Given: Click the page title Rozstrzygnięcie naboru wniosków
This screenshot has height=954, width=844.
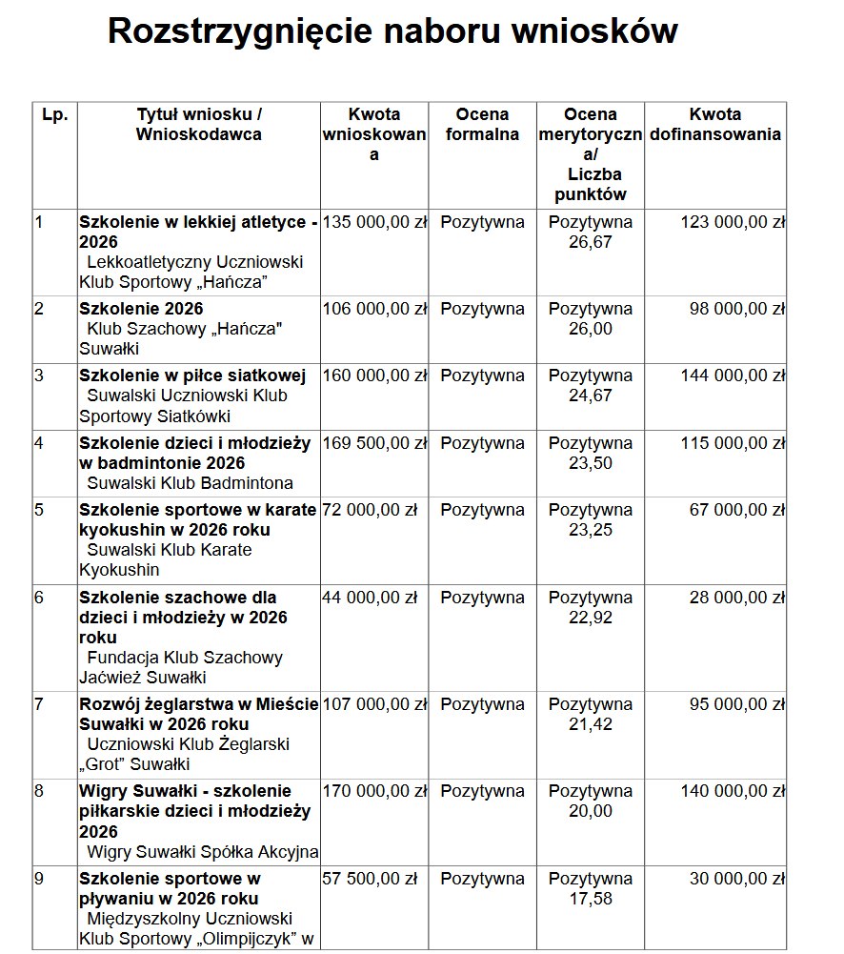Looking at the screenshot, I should tap(392, 30).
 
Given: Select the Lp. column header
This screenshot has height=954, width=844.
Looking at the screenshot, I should tap(55, 115).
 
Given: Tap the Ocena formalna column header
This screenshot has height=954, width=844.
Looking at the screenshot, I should tap(482, 125).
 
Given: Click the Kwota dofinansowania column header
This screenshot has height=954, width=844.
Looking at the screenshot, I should tap(715, 125).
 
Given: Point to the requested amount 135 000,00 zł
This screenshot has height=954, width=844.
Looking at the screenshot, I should tap(374, 223).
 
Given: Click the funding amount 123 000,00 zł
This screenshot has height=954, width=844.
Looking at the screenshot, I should tap(732, 223).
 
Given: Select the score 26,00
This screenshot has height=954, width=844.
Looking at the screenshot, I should tap(591, 329).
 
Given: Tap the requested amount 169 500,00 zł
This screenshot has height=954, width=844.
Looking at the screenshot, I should tap(374, 443).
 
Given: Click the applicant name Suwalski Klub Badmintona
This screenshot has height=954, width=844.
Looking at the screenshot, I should tap(190, 483).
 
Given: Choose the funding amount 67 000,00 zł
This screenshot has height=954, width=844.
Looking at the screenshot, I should tap(736, 510).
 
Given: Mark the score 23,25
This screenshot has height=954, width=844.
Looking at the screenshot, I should tap(591, 530).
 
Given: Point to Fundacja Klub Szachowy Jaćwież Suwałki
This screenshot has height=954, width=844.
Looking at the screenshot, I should tap(181, 667).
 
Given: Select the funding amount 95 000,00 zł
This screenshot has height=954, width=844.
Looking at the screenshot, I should tap(736, 704).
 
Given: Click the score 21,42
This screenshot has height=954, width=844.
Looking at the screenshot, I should tap(591, 724).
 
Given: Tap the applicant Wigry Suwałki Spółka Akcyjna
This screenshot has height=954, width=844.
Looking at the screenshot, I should tap(202, 852).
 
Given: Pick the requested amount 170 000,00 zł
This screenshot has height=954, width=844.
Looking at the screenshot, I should tap(374, 791).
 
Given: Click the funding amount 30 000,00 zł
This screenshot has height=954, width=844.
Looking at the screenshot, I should tap(736, 879).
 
